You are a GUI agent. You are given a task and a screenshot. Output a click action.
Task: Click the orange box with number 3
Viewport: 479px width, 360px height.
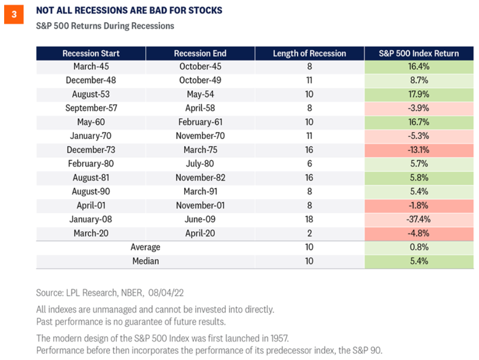[x=13, y=15]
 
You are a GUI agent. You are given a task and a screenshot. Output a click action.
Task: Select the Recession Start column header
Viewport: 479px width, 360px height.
[x=91, y=53]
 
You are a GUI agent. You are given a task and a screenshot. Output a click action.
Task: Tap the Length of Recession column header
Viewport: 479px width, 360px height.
[x=309, y=53]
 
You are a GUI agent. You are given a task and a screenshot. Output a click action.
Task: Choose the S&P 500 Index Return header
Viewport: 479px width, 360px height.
[x=419, y=53]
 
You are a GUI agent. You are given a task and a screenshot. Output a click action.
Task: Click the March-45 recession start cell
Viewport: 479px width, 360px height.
[x=91, y=66]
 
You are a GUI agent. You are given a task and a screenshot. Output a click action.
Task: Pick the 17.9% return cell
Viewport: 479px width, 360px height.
[x=419, y=94]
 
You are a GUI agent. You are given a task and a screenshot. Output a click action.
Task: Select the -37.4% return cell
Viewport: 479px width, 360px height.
[x=419, y=219]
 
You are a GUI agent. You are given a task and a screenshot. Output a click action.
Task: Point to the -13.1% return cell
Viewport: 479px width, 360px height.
[x=419, y=150]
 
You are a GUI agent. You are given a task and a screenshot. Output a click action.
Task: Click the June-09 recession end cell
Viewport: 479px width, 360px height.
[x=200, y=219]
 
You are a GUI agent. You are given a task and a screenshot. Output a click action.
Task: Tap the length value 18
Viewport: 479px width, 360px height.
[x=309, y=219]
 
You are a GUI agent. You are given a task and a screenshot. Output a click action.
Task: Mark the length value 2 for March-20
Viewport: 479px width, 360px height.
[x=309, y=233]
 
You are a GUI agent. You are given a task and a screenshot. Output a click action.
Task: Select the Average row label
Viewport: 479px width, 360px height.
[x=145, y=247]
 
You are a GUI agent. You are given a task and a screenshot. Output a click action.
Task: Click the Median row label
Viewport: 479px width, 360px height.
[x=145, y=261]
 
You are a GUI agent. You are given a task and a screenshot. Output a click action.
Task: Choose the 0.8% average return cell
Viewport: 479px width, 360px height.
[x=419, y=247]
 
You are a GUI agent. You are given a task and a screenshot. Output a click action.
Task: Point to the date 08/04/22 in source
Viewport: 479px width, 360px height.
[x=166, y=293]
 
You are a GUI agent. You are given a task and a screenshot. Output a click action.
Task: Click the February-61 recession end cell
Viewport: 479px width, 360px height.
[x=200, y=122]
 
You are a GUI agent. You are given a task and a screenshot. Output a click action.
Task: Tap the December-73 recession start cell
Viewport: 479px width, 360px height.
[x=91, y=150]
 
